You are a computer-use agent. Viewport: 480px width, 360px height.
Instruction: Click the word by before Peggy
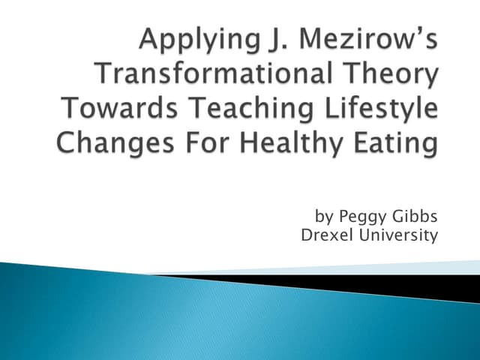point(324,217)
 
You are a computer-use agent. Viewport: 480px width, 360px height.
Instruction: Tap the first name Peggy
point(361,218)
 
